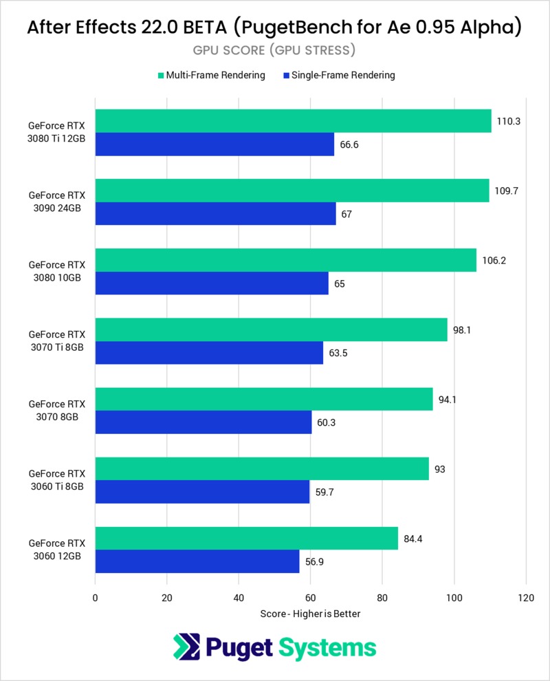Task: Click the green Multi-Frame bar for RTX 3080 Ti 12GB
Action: [x=294, y=121]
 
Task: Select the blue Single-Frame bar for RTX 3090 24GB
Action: [x=216, y=214]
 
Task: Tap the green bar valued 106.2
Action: [x=285, y=260]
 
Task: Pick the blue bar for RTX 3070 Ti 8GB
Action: [x=209, y=353]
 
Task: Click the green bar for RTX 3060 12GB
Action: [x=247, y=538]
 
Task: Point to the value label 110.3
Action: [x=508, y=121]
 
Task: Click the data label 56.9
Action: [x=314, y=561]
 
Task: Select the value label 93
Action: [x=440, y=469]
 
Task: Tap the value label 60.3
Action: [x=326, y=422]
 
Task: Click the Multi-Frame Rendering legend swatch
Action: [x=161, y=76]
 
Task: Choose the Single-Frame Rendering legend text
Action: [x=343, y=75]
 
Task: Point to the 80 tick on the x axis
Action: [x=382, y=598]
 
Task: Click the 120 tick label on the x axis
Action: [x=526, y=598]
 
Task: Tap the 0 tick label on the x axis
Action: [x=95, y=598]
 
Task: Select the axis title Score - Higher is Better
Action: [x=310, y=614]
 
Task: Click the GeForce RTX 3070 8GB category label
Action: [x=57, y=411]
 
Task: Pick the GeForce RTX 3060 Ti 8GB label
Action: [x=57, y=480]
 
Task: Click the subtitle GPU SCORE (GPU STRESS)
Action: [x=274, y=50]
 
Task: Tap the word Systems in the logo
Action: [x=327, y=648]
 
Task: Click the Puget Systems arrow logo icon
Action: [x=187, y=647]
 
